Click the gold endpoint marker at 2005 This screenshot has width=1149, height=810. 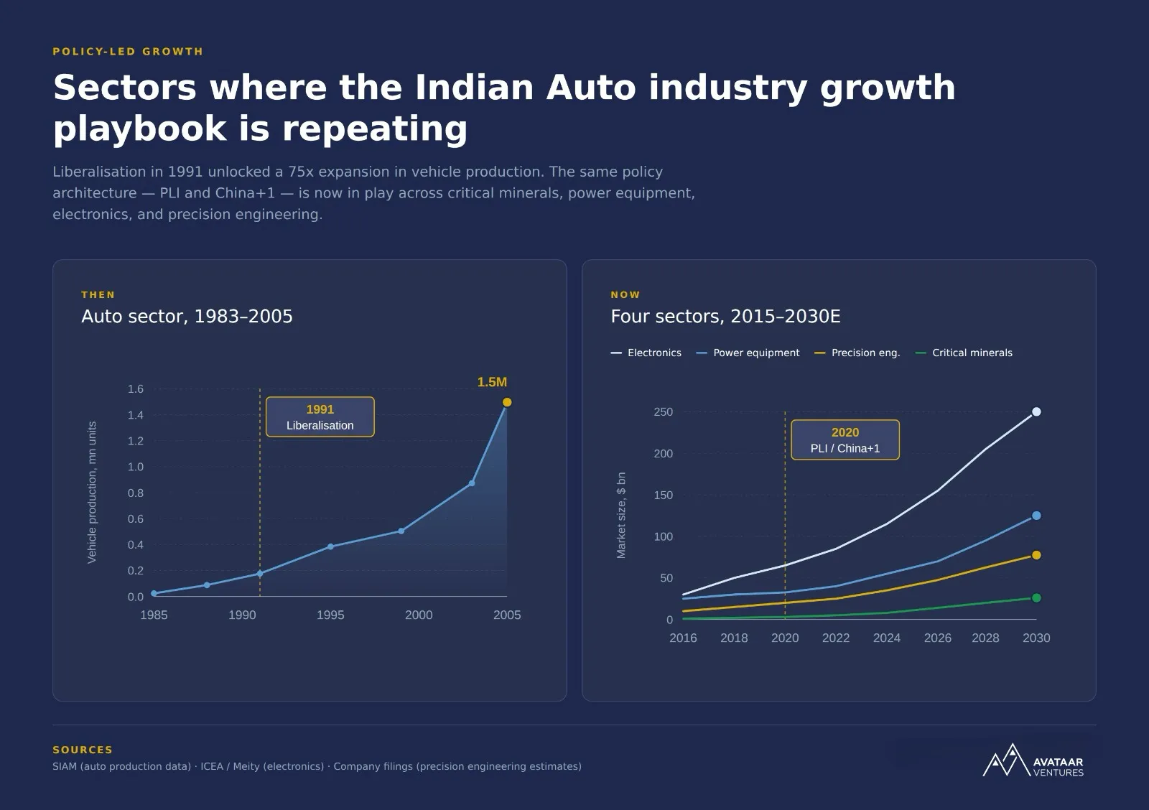[507, 402]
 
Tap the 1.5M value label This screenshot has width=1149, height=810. [492, 382]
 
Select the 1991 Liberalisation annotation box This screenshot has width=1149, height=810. [320, 417]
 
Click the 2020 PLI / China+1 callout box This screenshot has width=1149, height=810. [845, 440]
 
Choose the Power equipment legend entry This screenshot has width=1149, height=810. [748, 353]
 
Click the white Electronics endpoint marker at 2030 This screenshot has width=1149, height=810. [1036, 412]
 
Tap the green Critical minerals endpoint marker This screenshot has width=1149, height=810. [1036, 598]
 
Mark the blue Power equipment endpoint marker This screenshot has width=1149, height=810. [1036, 516]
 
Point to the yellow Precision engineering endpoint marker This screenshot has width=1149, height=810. [1036, 555]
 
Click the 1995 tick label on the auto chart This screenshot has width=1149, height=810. [330, 615]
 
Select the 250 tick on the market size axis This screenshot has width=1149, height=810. [663, 412]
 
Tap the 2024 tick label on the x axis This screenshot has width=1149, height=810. [886, 638]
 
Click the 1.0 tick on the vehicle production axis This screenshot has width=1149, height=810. [135, 467]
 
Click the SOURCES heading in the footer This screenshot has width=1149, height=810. [83, 750]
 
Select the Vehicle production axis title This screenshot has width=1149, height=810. [92, 493]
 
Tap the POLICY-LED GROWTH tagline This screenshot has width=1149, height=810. [128, 52]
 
